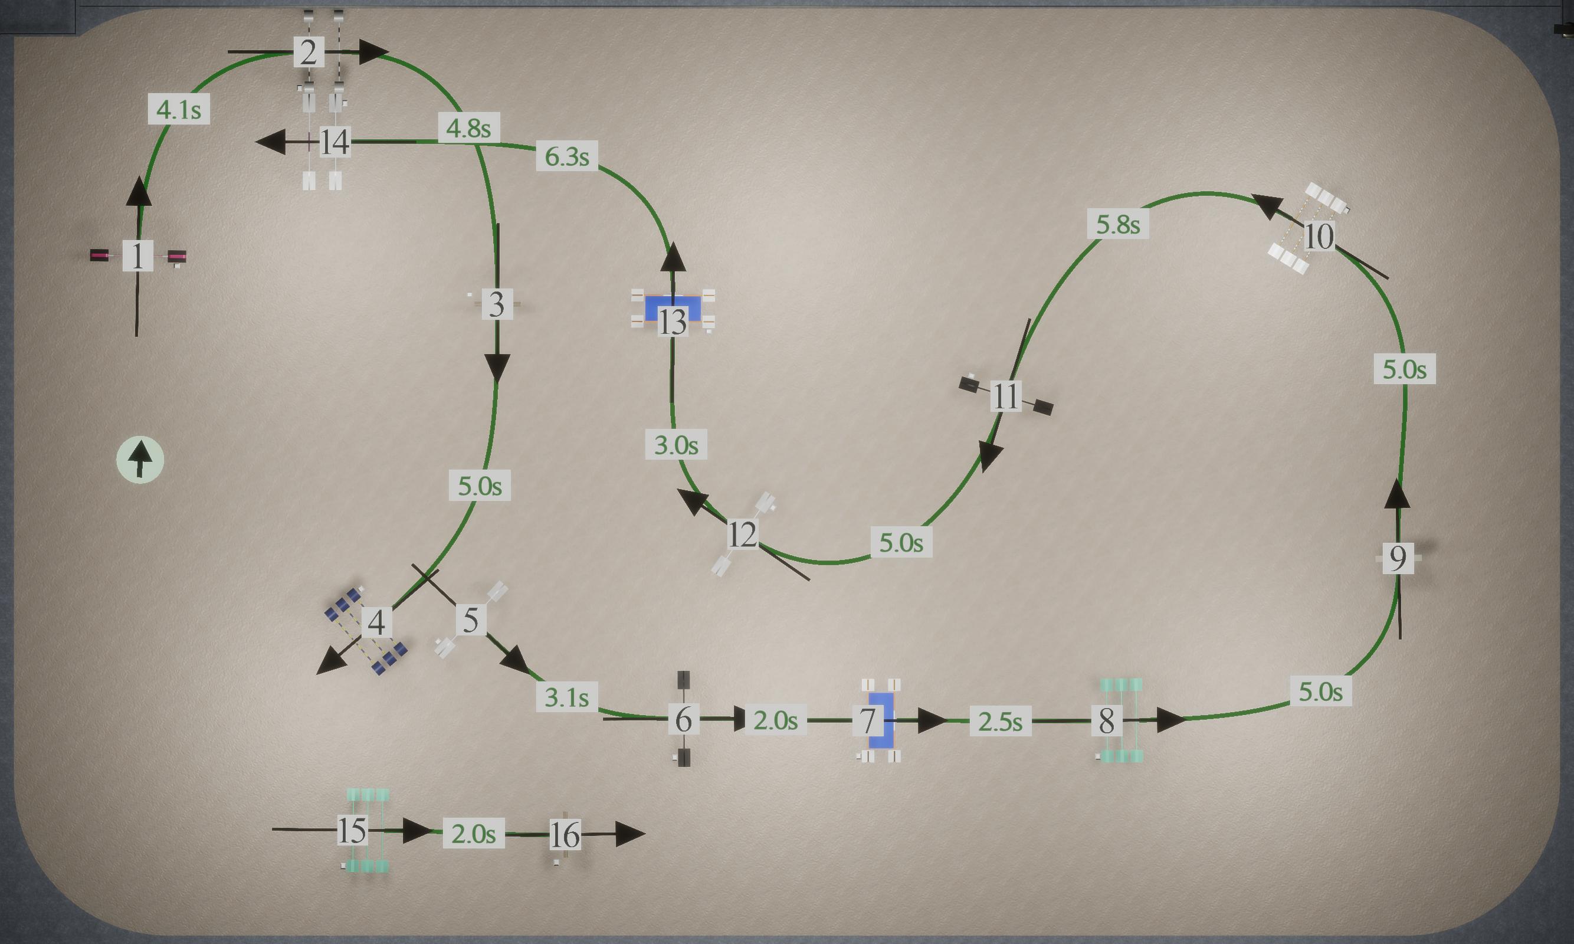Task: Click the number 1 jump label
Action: pyautogui.click(x=137, y=255)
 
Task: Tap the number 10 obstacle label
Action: pyautogui.click(x=1319, y=237)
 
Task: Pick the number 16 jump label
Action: pyautogui.click(x=565, y=835)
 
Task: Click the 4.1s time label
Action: pyautogui.click(x=179, y=109)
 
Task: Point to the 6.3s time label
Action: pyautogui.click(x=566, y=156)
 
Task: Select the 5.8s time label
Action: pyautogui.click(x=1118, y=224)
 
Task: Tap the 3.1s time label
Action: pyautogui.click(x=566, y=697)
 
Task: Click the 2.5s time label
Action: pyautogui.click(x=1001, y=722)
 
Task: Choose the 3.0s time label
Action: pyautogui.click(x=676, y=445)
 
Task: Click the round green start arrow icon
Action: pyautogui.click(x=140, y=459)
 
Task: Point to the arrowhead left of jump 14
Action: pyautogui.click(x=271, y=142)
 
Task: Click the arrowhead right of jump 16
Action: pyautogui.click(x=631, y=834)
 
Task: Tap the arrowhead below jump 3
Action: pyautogui.click(x=497, y=368)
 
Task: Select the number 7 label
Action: pyautogui.click(x=867, y=721)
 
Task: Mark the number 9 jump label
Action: pyautogui.click(x=1398, y=559)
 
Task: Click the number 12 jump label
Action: pyautogui.click(x=742, y=534)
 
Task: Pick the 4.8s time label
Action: pyautogui.click(x=468, y=128)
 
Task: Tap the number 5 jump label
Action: pyautogui.click(x=471, y=619)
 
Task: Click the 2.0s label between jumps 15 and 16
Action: pyautogui.click(x=474, y=833)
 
